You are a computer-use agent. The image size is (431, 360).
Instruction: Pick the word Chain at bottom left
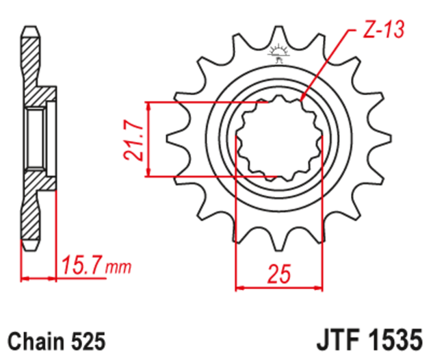pos(34,339)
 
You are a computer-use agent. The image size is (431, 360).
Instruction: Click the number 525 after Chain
pos(88,339)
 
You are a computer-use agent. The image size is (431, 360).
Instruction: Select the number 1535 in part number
pos(393,339)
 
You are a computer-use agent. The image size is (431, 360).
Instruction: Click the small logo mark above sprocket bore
pos(278,53)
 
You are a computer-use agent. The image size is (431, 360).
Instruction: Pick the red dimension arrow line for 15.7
pos(39,279)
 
